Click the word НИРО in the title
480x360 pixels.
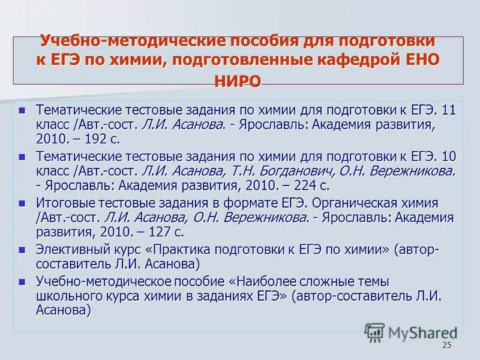[x=238, y=82]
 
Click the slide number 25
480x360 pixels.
[x=446, y=345]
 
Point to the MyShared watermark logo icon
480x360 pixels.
[x=374, y=332]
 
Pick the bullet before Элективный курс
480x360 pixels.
[x=23, y=249]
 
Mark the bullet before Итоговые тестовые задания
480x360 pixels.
[x=23, y=203]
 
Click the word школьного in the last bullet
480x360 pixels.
[x=67, y=295]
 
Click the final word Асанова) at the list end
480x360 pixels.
[x=64, y=310]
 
